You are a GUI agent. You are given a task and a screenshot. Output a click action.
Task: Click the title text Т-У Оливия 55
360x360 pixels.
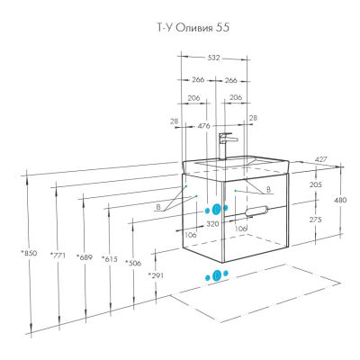point(193,28)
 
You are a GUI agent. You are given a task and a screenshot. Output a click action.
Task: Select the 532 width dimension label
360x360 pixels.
point(213,58)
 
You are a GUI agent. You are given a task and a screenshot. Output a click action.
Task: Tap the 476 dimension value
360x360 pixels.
point(204,126)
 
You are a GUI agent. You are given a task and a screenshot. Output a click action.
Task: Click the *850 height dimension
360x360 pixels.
point(29,253)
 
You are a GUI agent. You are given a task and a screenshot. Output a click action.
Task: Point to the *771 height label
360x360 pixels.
point(58,256)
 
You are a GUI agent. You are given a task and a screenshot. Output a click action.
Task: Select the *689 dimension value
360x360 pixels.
point(85,257)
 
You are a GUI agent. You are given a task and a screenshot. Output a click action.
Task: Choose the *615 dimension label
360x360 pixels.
point(109,258)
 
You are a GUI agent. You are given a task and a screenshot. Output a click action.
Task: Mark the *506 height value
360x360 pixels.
point(133,263)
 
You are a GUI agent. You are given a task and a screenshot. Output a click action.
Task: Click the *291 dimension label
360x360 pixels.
point(156,275)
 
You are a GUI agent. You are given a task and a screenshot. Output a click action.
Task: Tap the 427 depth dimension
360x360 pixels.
point(320,159)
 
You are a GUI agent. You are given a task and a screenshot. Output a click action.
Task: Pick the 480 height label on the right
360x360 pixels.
point(340,200)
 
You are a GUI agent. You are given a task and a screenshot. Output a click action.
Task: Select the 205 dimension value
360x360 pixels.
point(315,184)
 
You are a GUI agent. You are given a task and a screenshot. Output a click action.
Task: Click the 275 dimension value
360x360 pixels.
point(315,220)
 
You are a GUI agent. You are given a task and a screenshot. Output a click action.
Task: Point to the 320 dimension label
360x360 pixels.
point(212,224)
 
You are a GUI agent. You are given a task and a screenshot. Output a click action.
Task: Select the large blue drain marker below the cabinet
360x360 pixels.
point(216,275)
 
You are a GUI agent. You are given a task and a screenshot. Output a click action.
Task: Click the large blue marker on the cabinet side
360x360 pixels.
point(216,210)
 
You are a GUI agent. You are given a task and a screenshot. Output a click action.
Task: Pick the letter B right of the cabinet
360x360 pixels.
point(269,190)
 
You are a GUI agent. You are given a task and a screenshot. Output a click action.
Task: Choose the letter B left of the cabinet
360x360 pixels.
point(158,207)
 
